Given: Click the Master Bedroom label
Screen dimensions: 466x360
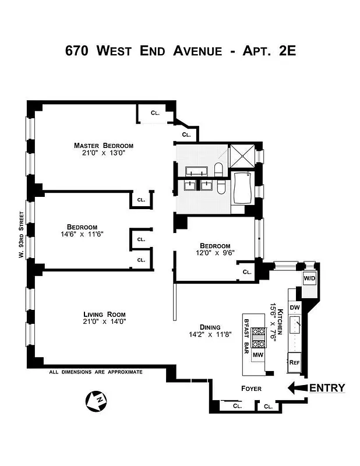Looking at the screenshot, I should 103,145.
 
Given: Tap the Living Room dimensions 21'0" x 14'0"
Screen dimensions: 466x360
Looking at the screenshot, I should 104,321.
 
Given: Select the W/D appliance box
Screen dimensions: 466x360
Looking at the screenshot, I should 309,278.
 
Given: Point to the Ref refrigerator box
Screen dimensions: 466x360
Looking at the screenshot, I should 295,362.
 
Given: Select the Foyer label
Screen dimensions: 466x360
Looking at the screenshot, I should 251,389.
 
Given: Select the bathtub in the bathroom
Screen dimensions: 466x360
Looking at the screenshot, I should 241,188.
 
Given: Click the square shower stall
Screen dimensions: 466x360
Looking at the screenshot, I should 241,156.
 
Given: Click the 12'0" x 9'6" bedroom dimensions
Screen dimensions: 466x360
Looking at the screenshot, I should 215,253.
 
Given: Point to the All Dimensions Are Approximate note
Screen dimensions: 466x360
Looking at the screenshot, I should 96,372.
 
